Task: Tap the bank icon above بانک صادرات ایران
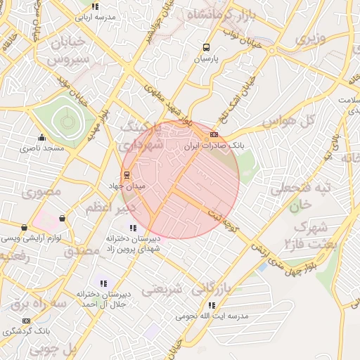click(214, 134)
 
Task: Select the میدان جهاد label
click(124, 186)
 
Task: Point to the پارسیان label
click(207, 60)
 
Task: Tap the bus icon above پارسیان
click(206, 48)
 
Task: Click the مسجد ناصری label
click(41, 148)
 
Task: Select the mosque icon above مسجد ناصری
click(41, 138)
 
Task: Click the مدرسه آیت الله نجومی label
click(214, 316)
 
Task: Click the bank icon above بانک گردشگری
click(27, 321)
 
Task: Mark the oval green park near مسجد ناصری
click(64, 122)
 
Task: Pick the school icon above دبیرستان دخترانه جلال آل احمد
click(103, 283)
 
